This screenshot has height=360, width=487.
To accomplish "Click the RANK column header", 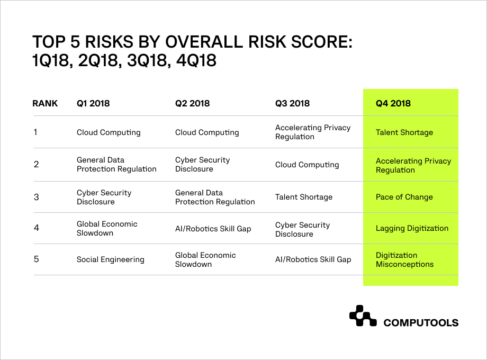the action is (45, 103).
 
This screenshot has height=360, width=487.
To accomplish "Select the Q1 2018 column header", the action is (93, 103).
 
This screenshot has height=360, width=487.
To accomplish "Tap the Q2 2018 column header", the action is (192, 103).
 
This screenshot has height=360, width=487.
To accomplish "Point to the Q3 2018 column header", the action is (292, 103).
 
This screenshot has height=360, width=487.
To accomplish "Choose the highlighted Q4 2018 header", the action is (393, 103).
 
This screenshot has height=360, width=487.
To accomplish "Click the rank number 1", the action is (35, 132).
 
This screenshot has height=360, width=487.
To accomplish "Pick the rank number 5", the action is (37, 259).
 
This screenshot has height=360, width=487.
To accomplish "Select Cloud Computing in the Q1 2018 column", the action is (109, 133).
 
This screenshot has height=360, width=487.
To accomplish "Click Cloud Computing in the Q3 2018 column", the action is (307, 165).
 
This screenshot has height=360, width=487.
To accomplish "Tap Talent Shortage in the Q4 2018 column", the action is (404, 133).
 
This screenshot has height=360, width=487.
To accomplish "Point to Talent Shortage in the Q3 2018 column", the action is (304, 197).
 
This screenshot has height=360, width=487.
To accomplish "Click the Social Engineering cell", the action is (110, 259).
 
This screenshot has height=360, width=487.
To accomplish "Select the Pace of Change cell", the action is (404, 197).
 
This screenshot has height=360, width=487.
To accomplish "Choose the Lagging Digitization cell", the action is (412, 228).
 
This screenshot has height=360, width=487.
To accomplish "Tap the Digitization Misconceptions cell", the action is (404, 259).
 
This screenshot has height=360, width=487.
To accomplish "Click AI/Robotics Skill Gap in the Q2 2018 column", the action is (213, 229).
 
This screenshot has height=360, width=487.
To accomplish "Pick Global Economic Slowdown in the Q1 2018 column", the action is (107, 229).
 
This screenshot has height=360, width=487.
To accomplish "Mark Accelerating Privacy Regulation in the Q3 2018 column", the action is (313, 132).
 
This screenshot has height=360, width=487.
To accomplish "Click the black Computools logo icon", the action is (363, 316).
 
